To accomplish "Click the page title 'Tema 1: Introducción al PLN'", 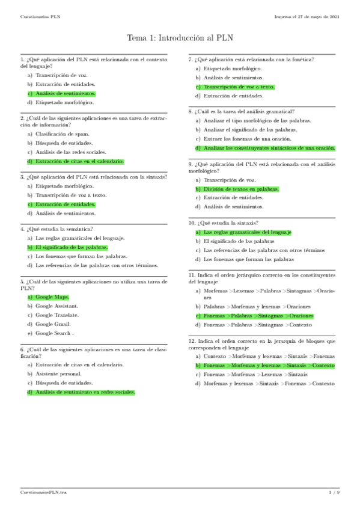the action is click(180, 38).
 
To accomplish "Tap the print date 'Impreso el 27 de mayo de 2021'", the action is click(307, 16).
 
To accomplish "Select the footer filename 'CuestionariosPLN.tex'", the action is click(43, 493).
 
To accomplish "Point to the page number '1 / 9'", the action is click(334, 493).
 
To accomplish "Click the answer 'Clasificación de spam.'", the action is click(62, 134).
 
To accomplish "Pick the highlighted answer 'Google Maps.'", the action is click(52, 296).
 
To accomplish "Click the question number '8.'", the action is click(191, 112).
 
